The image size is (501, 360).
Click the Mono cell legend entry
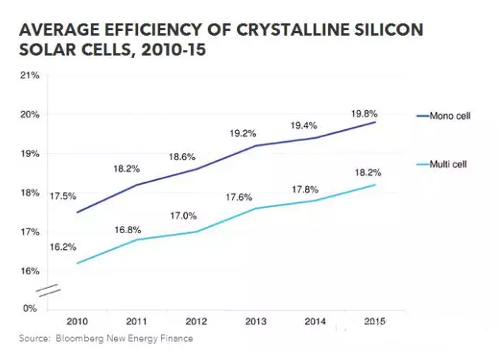[449, 116]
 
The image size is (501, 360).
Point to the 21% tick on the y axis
[29, 75]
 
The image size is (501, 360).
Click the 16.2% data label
[62, 247]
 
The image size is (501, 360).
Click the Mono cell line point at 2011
[139, 185]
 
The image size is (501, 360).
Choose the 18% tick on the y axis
[29, 193]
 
